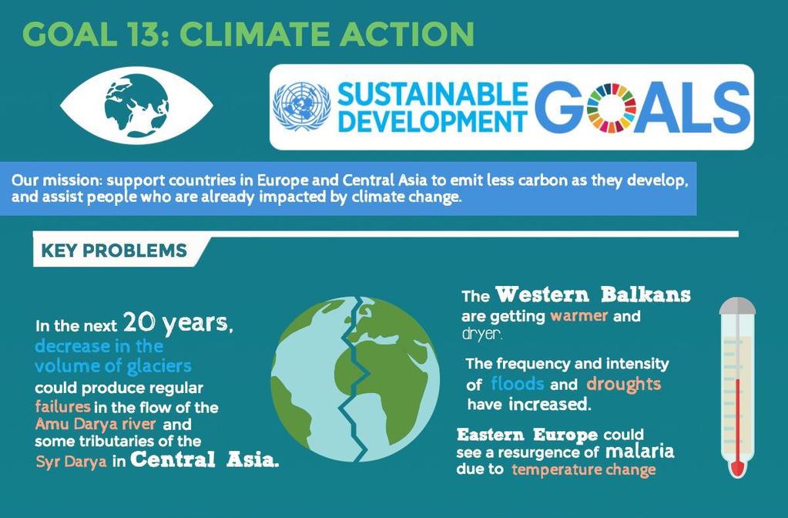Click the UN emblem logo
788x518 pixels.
[301, 106]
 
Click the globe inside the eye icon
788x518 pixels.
[136, 105]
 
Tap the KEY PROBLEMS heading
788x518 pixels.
[114, 251]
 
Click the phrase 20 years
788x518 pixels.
[179, 323]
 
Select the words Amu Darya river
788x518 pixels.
[96, 423]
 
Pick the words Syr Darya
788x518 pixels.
[72, 461]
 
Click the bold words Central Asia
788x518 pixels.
[204, 459]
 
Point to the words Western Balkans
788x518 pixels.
[593, 294]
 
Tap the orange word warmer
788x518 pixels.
[579, 316]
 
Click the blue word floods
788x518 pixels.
[517, 383]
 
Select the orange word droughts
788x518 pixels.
[624, 384]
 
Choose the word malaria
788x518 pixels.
[639, 451]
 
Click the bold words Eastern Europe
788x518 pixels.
[527, 434]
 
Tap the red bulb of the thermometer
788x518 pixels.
[736, 468]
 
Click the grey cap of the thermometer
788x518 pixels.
[737, 306]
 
